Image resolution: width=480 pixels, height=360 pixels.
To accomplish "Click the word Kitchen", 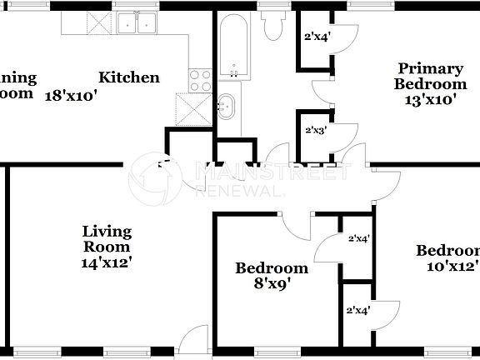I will tap(129, 77).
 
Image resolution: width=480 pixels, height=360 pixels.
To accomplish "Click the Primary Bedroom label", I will tap(430, 76).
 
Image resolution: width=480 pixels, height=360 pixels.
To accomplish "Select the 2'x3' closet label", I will tap(316, 130).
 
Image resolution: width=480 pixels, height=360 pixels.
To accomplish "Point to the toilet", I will tap(272, 25).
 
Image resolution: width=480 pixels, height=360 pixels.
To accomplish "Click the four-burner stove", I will tap(201, 81).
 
